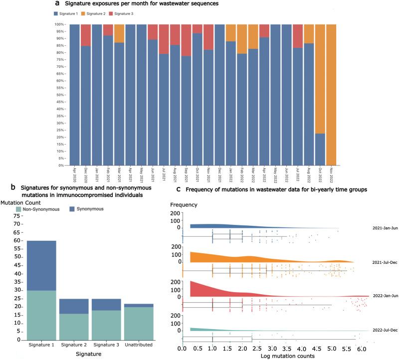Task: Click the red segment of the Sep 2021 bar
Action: [186, 40]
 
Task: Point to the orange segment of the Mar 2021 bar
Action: [120, 33]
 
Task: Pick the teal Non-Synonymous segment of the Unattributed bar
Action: [139, 324]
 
